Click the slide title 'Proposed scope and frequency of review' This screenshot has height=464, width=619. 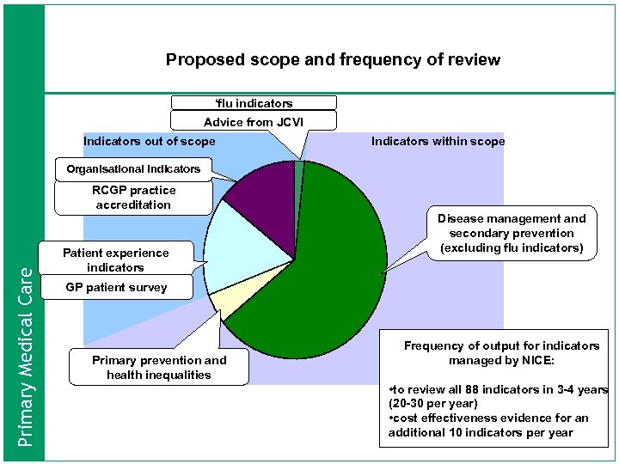pyautogui.click(x=333, y=60)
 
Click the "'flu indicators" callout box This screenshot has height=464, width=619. pyautogui.click(x=254, y=103)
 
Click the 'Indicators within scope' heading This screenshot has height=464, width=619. pyautogui.click(x=438, y=141)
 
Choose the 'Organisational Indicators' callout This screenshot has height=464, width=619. pyautogui.click(x=133, y=168)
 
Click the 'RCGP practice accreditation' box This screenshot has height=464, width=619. pyautogui.click(x=133, y=198)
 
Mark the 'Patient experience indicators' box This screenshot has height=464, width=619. pyautogui.click(x=115, y=259)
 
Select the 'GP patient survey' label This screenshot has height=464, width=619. pyautogui.click(x=116, y=287)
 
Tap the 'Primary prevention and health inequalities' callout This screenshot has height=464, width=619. pyautogui.click(x=159, y=367)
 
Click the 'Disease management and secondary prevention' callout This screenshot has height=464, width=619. pyautogui.click(x=512, y=234)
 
